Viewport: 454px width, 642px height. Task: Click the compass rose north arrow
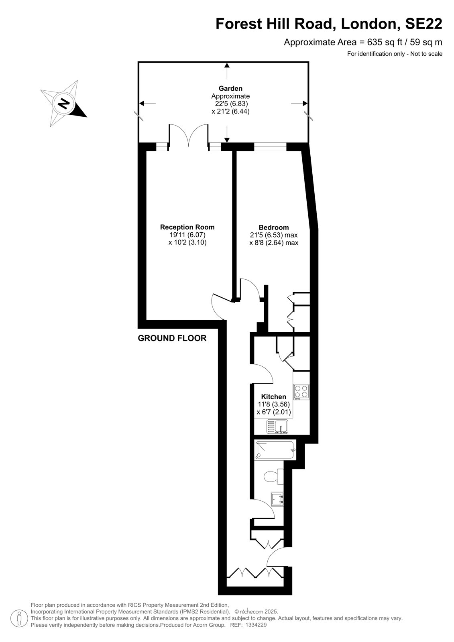tap(64, 103)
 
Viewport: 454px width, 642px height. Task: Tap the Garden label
tap(230, 89)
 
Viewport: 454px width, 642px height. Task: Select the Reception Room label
tap(187, 227)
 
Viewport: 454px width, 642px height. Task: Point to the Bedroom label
tap(274, 228)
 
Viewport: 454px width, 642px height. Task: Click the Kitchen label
tap(274, 397)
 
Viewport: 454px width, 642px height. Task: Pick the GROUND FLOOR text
tap(172, 338)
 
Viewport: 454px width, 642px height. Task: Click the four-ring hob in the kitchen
tap(301, 392)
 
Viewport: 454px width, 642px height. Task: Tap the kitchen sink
tap(277, 427)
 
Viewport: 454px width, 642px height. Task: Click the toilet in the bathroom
tap(273, 476)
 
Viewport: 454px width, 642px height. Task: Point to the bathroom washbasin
tap(277, 499)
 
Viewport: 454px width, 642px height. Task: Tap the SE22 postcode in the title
tap(423, 24)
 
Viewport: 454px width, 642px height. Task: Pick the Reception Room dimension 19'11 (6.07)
tap(187, 235)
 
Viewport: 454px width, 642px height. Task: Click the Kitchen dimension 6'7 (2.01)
tap(274, 412)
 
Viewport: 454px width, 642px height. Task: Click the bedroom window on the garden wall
tap(270, 147)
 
